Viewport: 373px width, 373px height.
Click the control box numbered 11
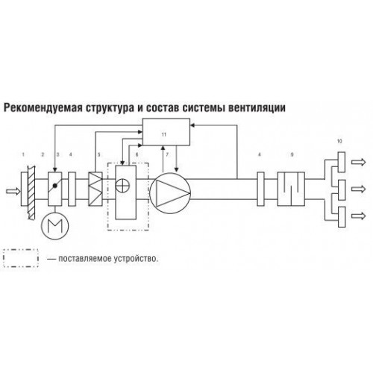[x=166, y=132]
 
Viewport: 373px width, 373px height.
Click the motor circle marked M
[x=54, y=226]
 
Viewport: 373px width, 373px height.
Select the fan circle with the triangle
[x=170, y=193]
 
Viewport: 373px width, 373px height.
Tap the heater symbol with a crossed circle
[x=123, y=186]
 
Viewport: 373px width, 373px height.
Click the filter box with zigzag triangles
[x=95, y=189]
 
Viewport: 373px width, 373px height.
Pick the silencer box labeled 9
[x=291, y=189]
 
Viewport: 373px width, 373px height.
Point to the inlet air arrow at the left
[x=13, y=191]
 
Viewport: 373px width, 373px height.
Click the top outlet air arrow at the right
[x=359, y=162]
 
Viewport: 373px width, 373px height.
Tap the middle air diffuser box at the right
[x=342, y=189]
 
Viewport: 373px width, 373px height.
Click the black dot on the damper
[x=55, y=186]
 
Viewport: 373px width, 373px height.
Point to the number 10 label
[x=339, y=141]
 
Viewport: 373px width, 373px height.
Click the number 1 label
[x=23, y=154]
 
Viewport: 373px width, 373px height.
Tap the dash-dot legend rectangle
[x=21, y=258]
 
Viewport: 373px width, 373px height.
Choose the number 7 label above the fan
[x=167, y=154]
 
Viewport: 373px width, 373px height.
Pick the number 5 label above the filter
[x=98, y=154]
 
